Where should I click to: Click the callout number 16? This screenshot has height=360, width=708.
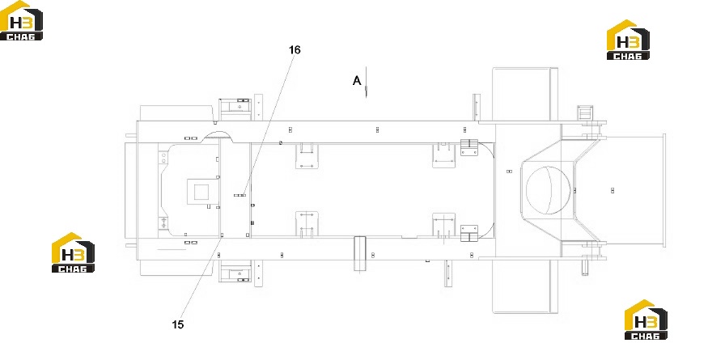click(x=295, y=49)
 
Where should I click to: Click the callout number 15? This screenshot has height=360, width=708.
click(x=178, y=324)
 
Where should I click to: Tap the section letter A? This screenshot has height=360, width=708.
click(x=357, y=80)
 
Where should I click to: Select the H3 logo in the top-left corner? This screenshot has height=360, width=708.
click(x=21, y=21)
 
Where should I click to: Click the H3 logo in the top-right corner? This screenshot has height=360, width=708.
click(x=628, y=40)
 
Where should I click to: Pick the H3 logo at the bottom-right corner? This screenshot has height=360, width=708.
click(x=646, y=320)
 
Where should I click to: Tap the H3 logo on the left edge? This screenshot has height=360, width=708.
click(x=73, y=252)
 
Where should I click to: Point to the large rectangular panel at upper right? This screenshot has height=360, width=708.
click(x=524, y=94)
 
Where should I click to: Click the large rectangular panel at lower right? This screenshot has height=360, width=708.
click(x=524, y=286)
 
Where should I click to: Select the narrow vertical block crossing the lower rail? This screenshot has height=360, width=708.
click(x=359, y=253)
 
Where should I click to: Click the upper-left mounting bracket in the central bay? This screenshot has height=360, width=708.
click(x=307, y=155)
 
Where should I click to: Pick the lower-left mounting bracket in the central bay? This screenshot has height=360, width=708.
click(x=307, y=223)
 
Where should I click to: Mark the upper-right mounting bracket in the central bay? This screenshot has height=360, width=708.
click(x=444, y=155)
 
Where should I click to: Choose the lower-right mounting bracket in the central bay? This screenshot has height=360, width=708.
click(x=444, y=224)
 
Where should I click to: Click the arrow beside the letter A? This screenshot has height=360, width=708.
click(x=367, y=83)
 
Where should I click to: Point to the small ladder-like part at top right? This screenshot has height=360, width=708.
click(x=585, y=113)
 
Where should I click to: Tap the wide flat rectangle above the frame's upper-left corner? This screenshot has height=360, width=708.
click(x=176, y=113)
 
